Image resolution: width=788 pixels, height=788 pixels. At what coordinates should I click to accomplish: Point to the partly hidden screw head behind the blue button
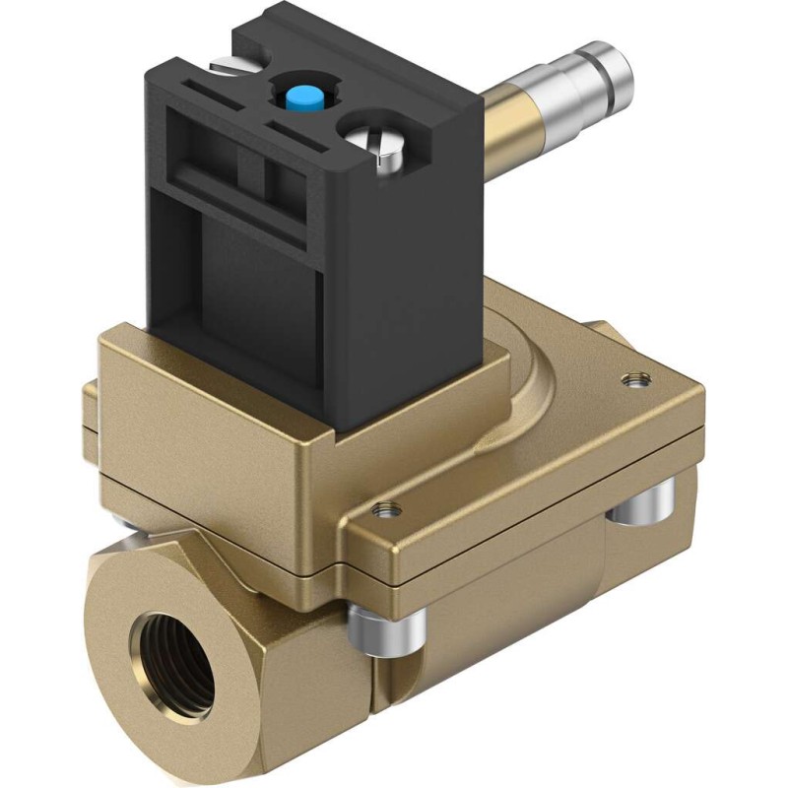tap(226, 65)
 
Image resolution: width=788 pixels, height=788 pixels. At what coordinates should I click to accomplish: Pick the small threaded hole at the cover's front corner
tap(384, 508)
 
